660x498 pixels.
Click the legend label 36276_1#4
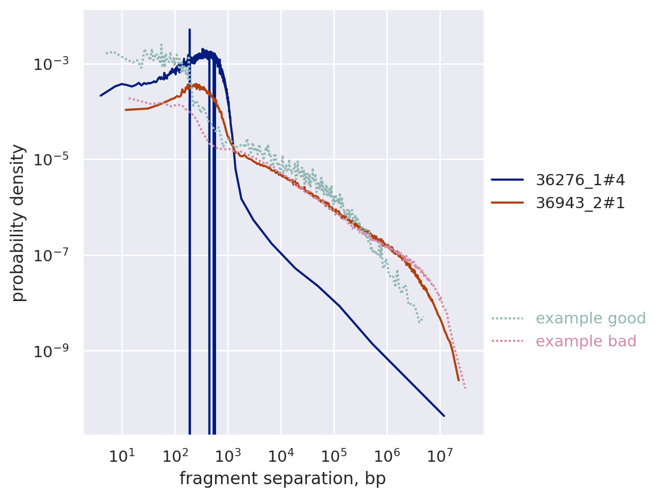point(580,180)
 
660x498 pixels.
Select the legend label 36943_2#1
point(580,203)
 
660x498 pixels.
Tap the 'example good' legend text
point(591,318)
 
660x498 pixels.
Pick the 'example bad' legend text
point(586,341)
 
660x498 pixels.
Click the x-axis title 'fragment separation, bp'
point(282,479)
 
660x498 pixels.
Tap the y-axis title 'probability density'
point(19,223)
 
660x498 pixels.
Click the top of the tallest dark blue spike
point(190,30)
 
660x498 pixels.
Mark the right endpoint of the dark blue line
point(444,416)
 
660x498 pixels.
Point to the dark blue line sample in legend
point(507,180)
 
